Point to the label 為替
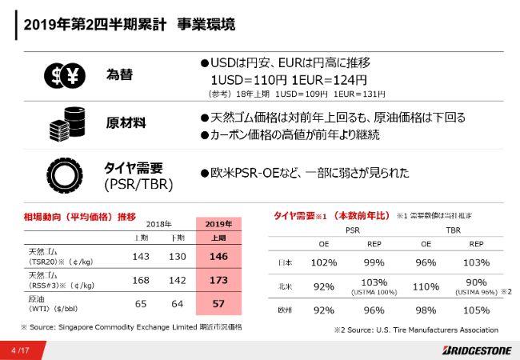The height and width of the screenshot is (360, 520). coord(119,75)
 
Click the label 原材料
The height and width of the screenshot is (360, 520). coord(126,123)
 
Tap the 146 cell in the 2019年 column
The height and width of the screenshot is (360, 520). coord(218,257)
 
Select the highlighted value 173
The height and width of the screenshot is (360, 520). coord(218,280)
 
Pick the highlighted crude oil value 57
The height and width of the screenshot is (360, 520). coord(218,302)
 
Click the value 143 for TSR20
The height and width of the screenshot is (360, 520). coord(141,257)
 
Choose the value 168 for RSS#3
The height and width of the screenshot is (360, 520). coord(141,280)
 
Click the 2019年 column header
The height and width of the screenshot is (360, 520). coord(218,223)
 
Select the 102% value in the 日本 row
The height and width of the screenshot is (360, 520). coord(323,262)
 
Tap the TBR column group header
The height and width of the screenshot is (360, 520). coord(452,229)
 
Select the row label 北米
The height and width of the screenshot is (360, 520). coord(285,286)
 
